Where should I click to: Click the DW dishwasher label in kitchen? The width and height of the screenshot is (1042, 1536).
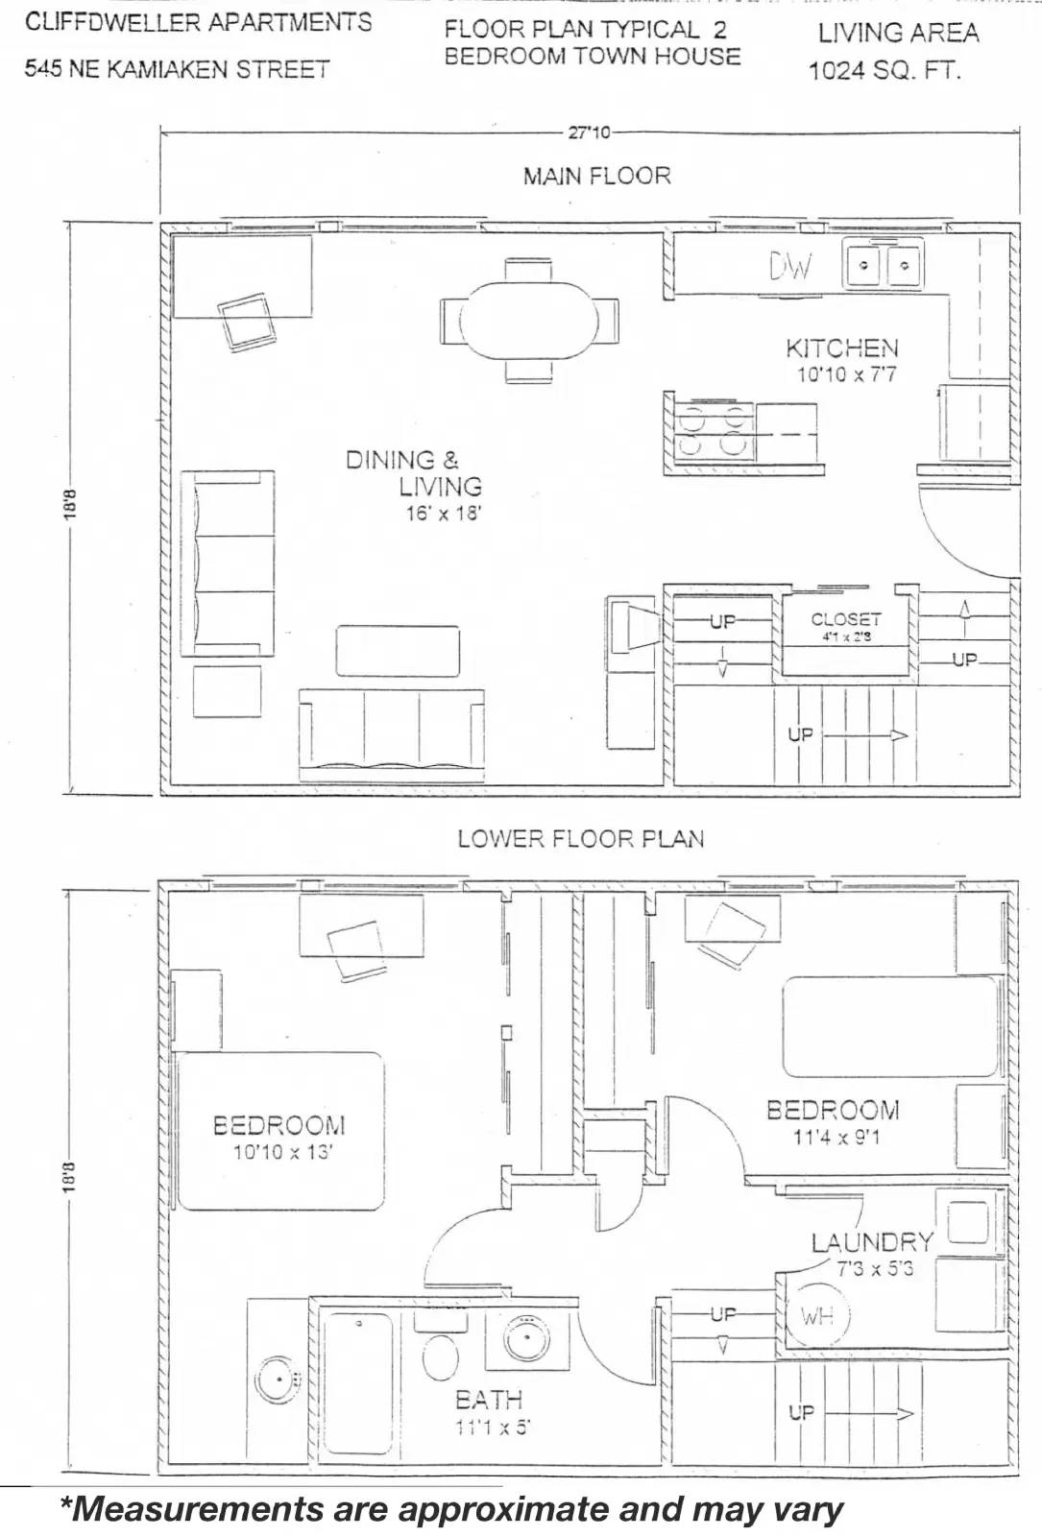(x=789, y=267)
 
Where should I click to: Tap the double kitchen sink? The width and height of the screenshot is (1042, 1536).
(x=883, y=265)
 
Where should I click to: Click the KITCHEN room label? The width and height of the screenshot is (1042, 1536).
(x=842, y=348)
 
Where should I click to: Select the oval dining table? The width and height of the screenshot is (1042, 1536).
(x=529, y=320)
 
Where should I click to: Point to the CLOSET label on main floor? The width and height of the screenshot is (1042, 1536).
(x=845, y=619)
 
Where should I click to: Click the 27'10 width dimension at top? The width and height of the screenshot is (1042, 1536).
(x=589, y=132)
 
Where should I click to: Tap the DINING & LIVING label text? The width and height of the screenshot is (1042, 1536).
(x=414, y=472)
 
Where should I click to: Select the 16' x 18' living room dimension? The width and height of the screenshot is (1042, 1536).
(x=443, y=513)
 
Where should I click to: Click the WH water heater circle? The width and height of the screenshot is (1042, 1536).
(x=817, y=1316)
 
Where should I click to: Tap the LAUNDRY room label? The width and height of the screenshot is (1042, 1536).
(x=872, y=1242)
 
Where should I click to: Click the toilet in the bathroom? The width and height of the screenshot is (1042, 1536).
(x=441, y=1356)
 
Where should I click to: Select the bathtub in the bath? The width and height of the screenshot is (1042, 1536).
(x=357, y=1382)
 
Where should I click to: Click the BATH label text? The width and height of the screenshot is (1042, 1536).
(x=489, y=1400)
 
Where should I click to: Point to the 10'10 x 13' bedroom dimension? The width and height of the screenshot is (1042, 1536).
(x=282, y=1152)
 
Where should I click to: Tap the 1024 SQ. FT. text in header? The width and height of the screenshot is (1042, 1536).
(x=884, y=70)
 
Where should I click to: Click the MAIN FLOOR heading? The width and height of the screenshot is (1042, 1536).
(x=596, y=176)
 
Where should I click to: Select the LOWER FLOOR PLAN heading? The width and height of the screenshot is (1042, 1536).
(x=580, y=839)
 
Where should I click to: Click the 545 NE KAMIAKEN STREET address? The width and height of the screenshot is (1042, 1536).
(x=177, y=69)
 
